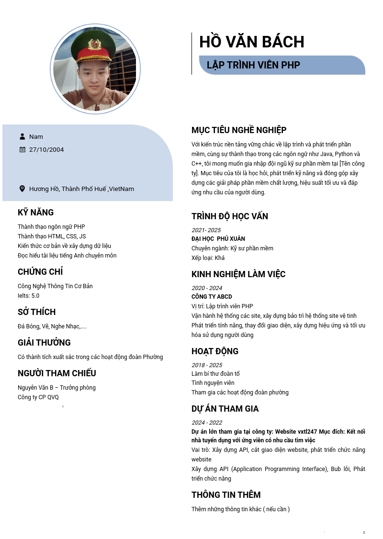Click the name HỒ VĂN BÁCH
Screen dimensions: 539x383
pyautogui.click(x=251, y=42)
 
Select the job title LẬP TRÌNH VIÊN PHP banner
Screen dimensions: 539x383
pyautogui.click(x=253, y=65)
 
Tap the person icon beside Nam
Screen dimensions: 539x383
pyautogui.click(x=22, y=136)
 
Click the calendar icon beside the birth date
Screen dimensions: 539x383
pyautogui.click(x=22, y=149)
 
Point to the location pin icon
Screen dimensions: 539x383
pyautogui.click(x=22, y=189)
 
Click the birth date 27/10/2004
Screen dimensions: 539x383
pyautogui.click(x=46, y=149)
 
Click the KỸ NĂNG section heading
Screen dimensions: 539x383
pyautogui.click(x=35, y=213)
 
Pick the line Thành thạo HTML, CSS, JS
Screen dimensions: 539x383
pyautogui.click(x=52, y=236)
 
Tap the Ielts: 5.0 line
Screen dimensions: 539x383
pyautogui.click(x=29, y=296)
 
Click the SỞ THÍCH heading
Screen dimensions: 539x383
pyautogui.click(x=36, y=312)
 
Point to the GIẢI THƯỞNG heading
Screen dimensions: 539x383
pyautogui.click(x=44, y=343)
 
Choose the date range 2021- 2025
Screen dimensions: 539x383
pyautogui.click(x=206, y=230)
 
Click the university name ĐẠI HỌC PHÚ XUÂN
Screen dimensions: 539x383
pyautogui.click(x=218, y=239)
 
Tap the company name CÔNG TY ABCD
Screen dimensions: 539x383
pyautogui.click(x=212, y=297)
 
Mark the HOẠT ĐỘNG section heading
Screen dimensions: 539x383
pyautogui.click(x=215, y=351)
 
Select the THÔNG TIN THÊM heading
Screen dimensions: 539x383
pyautogui.click(x=226, y=495)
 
